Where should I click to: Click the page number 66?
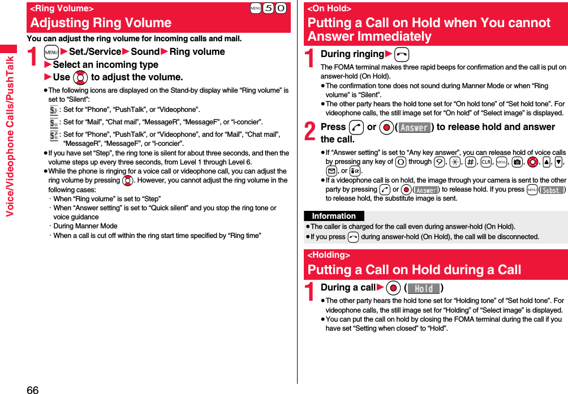32,389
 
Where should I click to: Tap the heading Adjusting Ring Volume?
101,23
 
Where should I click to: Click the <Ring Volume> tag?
62,8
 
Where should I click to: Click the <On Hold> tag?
329,8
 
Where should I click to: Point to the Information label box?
334,216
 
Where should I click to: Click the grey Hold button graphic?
424,288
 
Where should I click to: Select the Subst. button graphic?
552,190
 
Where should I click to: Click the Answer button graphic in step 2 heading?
415,128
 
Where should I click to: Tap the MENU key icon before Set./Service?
51,52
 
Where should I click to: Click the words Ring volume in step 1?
197,52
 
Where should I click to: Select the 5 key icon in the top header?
268,8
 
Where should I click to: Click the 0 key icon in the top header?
281,8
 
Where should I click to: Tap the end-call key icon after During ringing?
401,54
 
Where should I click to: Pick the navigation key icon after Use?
80,77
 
